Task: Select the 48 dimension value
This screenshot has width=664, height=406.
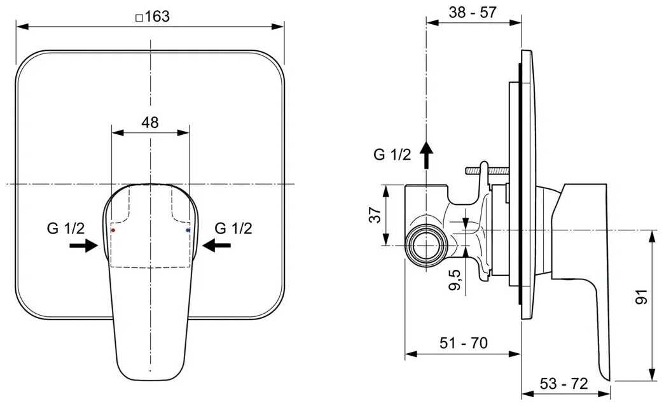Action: (150, 122)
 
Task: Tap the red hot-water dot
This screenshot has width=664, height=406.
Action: (113, 230)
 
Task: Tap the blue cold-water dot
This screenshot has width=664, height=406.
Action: (188, 230)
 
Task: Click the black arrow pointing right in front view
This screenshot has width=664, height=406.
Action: (84, 245)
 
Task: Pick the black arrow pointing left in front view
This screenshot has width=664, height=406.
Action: (216, 245)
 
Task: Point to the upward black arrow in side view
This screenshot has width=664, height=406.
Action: (426, 155)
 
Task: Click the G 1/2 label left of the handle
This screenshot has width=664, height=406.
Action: (66, 229)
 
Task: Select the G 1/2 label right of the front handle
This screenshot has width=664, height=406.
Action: (233, 229)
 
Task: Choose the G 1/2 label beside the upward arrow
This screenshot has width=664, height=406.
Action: (392, 155)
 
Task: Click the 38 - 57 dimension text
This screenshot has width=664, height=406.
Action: (473, 12)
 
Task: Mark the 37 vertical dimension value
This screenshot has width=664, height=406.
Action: (376, 214)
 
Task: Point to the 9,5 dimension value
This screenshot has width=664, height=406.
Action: (455, 280)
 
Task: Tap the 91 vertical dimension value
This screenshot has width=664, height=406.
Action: (641, 297)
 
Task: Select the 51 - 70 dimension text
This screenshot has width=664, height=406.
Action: (464, 342)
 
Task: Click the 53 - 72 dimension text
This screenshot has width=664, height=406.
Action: (564, 384)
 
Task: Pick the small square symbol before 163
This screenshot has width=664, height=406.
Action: (139, 18)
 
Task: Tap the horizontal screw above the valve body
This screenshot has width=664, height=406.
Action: (487, 171)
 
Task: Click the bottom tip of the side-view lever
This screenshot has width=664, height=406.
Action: (608, 379)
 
